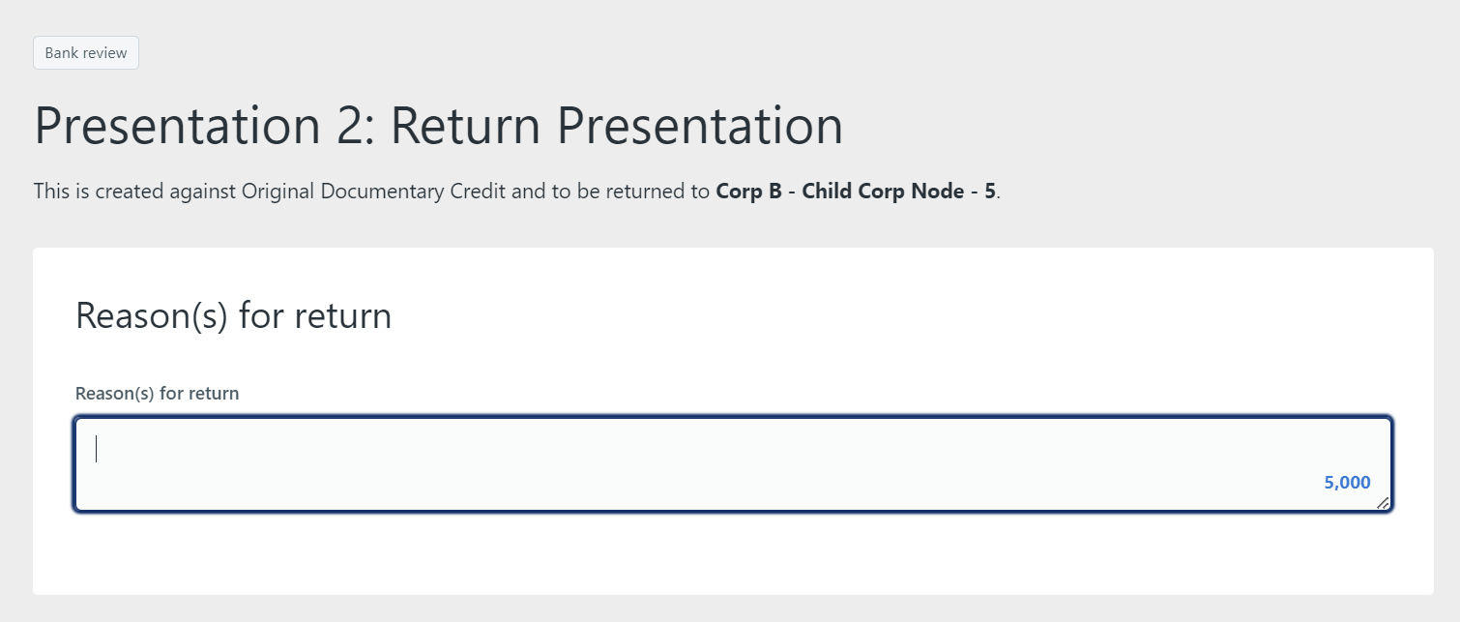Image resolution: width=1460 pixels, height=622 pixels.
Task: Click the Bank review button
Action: tap(86, 53)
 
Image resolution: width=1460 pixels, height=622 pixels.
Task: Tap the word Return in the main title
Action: tap(465, 126)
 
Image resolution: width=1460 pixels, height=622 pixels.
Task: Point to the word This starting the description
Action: tap(51, 191)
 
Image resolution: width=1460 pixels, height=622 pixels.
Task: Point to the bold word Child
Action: tap(827, 191)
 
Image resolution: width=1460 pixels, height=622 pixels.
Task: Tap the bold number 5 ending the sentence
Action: tap(990, 191)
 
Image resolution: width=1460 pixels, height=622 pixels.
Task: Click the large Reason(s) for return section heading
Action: tap(233, 315)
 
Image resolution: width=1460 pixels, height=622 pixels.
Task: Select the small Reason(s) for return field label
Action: tap(157, 393)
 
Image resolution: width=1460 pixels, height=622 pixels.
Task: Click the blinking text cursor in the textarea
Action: tap(97, 449)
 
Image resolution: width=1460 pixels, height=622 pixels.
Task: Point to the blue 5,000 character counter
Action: tap(1347, 483)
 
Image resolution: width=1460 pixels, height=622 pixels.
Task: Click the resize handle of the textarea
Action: tap(1383, 503)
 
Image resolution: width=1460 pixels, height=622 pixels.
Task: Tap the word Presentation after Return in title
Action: tap(700, 126)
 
